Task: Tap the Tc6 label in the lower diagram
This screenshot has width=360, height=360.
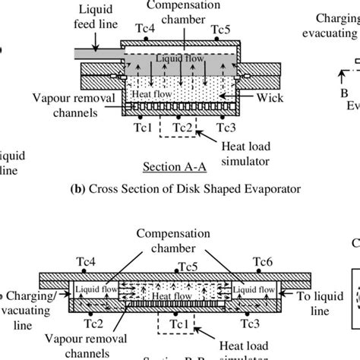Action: coord(264,265)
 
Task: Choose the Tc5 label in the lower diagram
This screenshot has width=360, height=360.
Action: coord(188,267)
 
